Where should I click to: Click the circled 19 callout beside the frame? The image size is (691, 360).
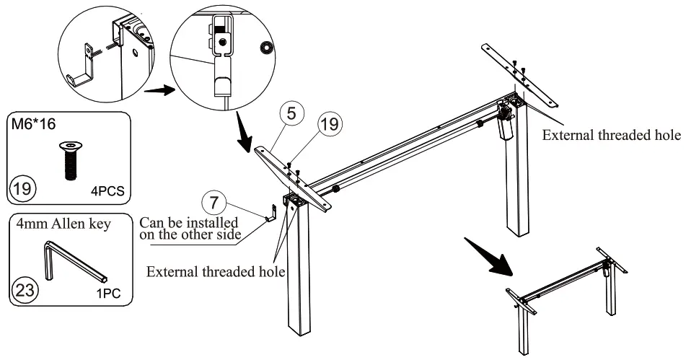(328, 123)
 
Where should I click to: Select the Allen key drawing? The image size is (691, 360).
(72, 260)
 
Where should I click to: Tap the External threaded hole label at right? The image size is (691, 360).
(611, 135)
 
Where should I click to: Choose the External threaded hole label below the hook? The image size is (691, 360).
(216, 271)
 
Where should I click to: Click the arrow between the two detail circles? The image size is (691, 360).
(159, 91)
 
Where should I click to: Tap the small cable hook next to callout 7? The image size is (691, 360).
(272, 214)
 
